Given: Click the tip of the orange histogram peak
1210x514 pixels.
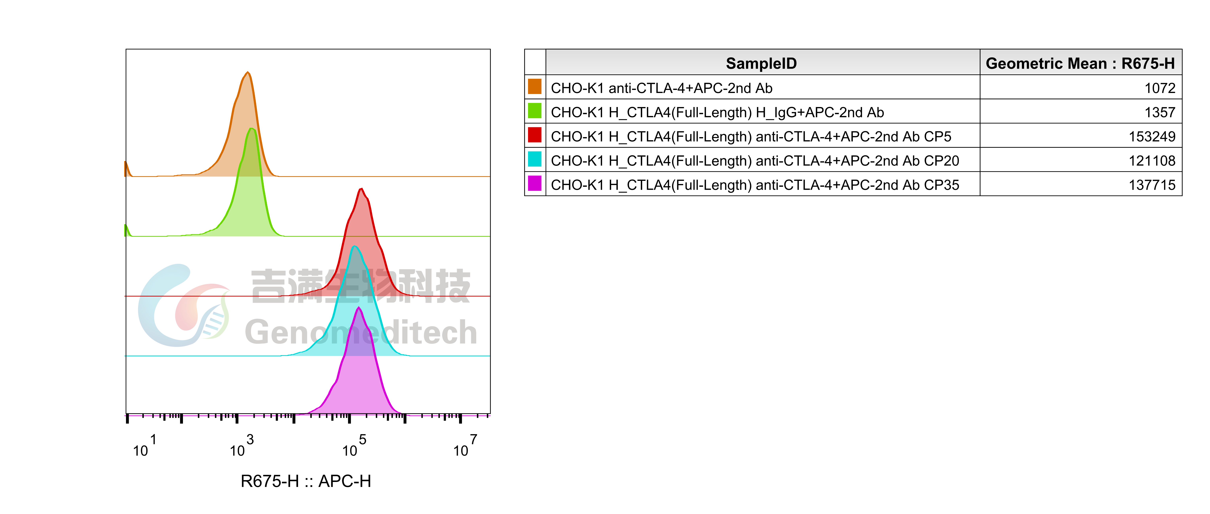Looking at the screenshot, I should coord(248,72).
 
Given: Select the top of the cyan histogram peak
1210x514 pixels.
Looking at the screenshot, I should coord(355,247).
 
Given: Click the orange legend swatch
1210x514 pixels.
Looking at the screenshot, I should coord(535,86).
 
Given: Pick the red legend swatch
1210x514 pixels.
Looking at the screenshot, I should coord(535,135).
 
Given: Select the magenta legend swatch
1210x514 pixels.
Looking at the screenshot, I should coord(535,183).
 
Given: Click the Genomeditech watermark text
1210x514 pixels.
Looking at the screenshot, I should coord(361,332).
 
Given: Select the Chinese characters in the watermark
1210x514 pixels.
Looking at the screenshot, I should coord(361,286).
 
